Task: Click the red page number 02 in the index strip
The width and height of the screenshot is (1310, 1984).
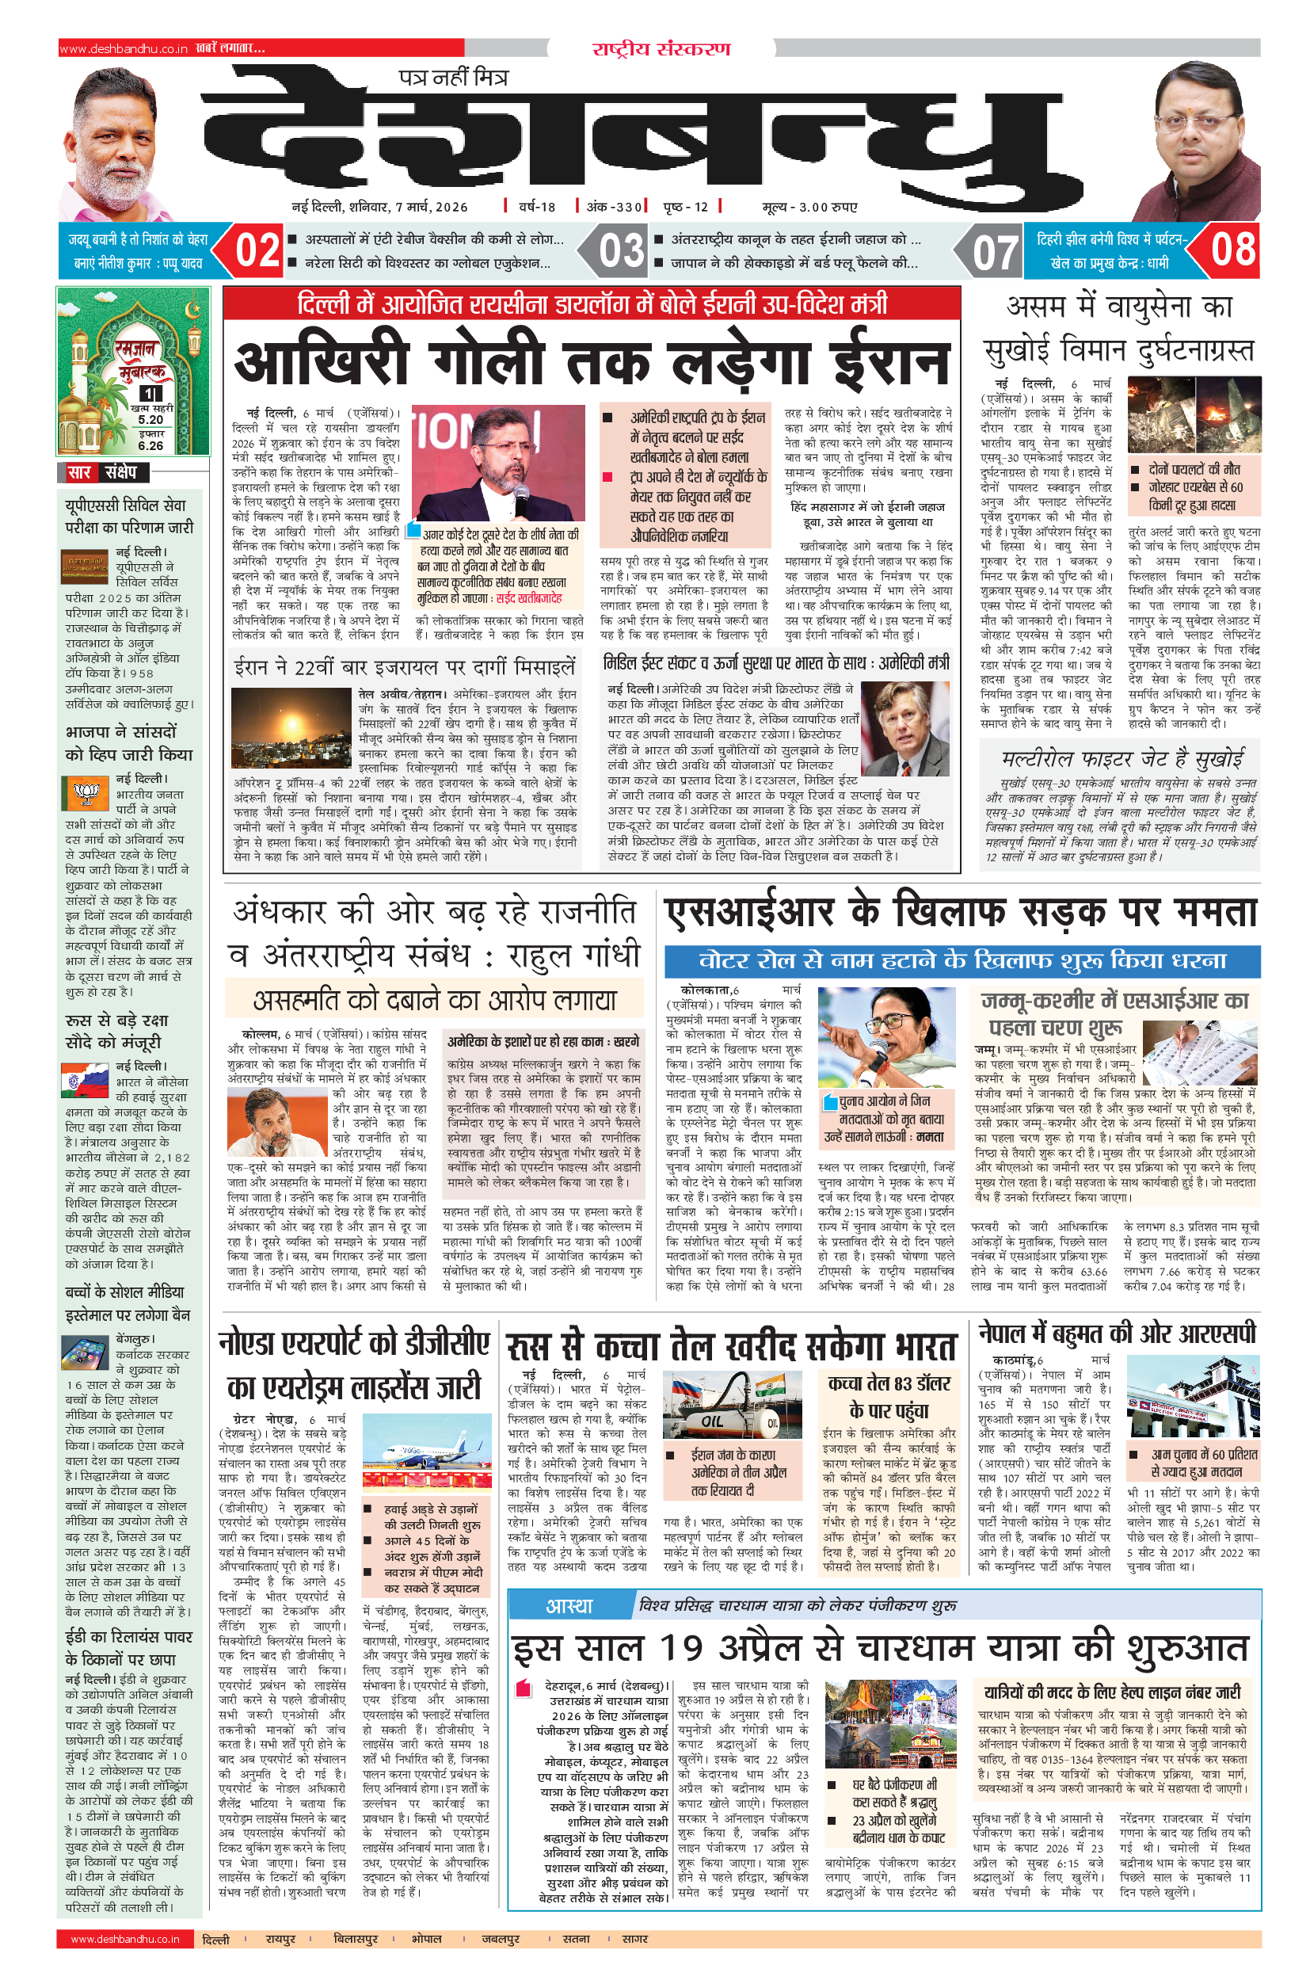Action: click(257, 250)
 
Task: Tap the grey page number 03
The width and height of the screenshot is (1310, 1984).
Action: click(622, 250)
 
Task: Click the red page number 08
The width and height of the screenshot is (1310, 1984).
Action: click(1233, 249)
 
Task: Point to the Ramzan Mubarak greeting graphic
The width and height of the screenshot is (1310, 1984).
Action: click(133, 370)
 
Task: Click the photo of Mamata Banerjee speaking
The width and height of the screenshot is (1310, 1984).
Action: click(885, 1037)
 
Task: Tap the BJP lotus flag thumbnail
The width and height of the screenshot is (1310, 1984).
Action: click(86, 791)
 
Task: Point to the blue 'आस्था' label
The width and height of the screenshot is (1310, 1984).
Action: click(569, 1604)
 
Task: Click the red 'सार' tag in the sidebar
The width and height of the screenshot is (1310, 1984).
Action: click(78, 472)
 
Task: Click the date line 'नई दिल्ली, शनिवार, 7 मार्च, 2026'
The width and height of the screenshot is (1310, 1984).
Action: click(379, 207)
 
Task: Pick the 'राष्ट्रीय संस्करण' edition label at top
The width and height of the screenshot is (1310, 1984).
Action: click(661, 48)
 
